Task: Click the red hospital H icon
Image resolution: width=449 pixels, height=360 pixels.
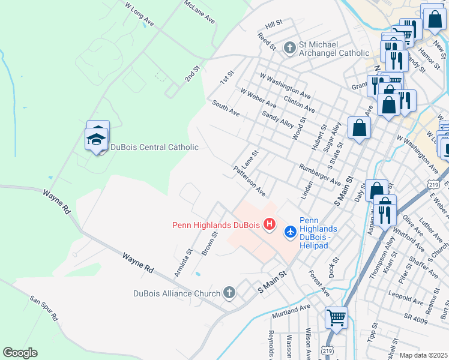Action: click(270, 225)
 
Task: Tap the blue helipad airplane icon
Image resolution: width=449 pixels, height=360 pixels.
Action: click(291, 231)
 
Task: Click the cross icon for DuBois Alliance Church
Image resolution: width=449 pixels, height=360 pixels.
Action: click(228, 293)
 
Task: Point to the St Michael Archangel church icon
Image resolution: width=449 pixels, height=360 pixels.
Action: click(289, 47)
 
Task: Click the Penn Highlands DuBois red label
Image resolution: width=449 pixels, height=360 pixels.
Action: click(215, 226)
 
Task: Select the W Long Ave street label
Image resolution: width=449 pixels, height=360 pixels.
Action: click(139, 15)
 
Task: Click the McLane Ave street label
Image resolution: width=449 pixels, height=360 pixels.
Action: click(200, 11)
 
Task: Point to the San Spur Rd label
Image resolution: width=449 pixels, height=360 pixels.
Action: click(44, 307)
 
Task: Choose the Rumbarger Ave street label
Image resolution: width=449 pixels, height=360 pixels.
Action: click(319, 172)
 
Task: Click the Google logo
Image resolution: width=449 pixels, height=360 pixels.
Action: click(20, 353)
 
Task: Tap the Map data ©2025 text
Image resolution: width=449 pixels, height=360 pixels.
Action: click(424, 355)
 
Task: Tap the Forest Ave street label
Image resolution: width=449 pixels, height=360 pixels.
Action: click(319, 283)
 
